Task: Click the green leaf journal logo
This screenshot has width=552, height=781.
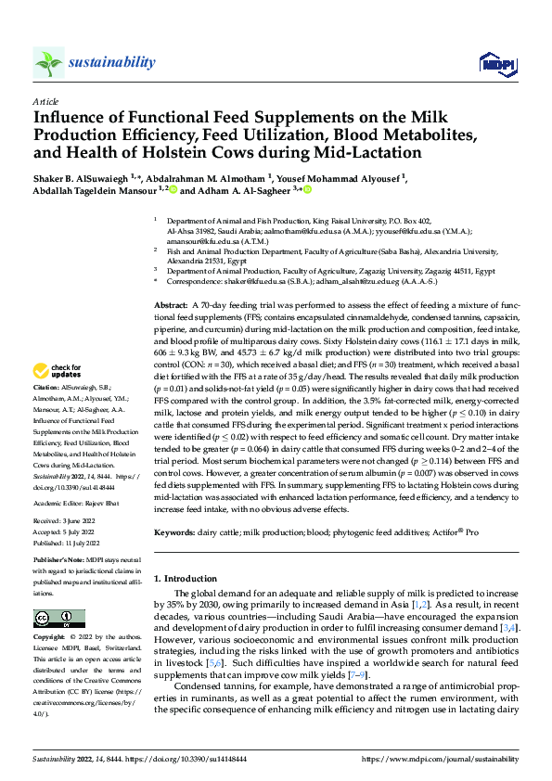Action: point(48,62)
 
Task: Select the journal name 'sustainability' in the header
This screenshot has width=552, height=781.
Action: point(111,62)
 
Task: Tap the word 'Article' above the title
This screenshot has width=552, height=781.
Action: point(45,101)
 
